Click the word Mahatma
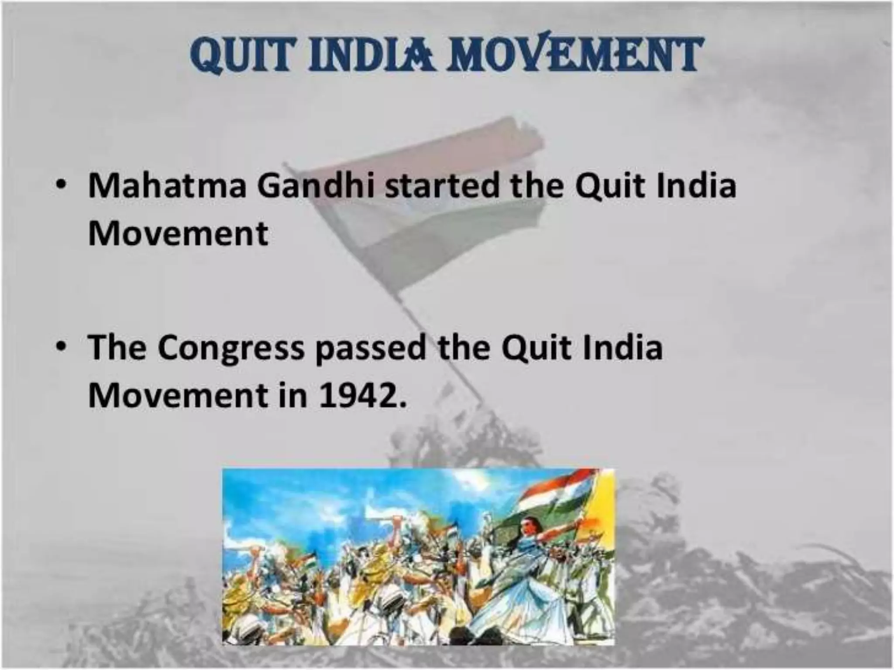(167, 187)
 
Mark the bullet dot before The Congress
(63, 347)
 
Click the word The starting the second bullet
(117, 348)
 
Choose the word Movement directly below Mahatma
(178, 234)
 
